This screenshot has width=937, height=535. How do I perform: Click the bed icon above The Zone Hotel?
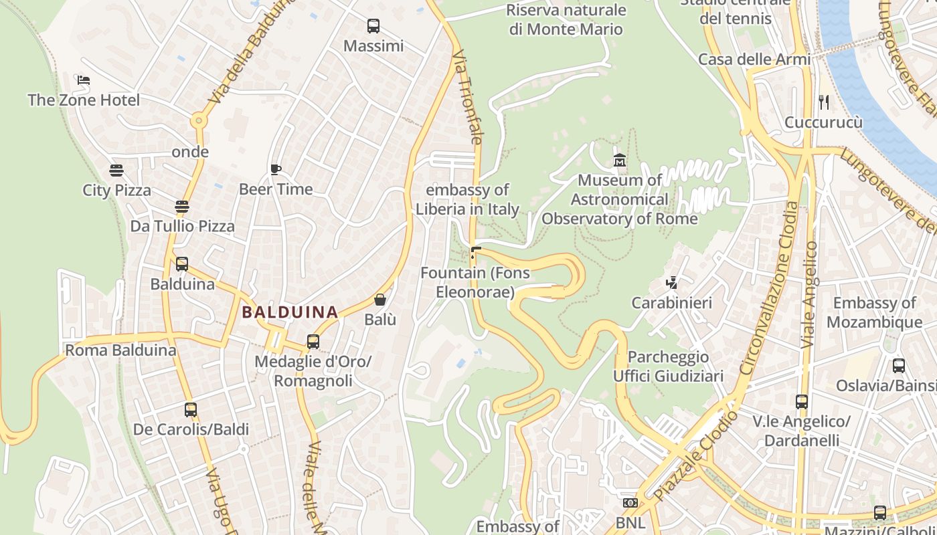[84, 80]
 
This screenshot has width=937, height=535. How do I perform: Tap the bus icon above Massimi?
[373, 26]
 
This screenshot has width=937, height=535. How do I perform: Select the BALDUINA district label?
[290, 312]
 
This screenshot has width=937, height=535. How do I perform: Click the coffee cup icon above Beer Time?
[276, 169]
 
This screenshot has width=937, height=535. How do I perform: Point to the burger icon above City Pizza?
[116, 170]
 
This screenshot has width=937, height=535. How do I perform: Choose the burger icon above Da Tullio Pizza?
[182, 206]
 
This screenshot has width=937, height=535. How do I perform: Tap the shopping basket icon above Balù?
[380, 300]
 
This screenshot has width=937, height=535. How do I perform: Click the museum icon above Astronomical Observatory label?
[620, 160]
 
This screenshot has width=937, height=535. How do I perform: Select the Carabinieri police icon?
[672, 283]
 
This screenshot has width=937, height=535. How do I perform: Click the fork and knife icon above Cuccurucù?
[824, 102]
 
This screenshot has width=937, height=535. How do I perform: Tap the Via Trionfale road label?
[467, 97]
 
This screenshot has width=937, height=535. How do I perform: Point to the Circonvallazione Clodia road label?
[769, 288]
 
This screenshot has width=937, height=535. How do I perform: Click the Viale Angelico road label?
[810, 294]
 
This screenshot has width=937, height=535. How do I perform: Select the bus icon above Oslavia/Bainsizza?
[899, 366]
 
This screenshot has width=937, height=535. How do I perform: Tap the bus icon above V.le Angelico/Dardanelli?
[802, 401]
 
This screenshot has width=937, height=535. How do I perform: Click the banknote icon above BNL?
[630, 502]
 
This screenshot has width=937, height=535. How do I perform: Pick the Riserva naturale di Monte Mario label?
[566, 19]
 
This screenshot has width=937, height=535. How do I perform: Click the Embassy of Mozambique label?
[874, 312]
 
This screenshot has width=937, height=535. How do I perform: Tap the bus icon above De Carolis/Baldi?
[191, 409]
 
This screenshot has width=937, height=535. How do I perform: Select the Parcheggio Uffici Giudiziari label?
[668, 366]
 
